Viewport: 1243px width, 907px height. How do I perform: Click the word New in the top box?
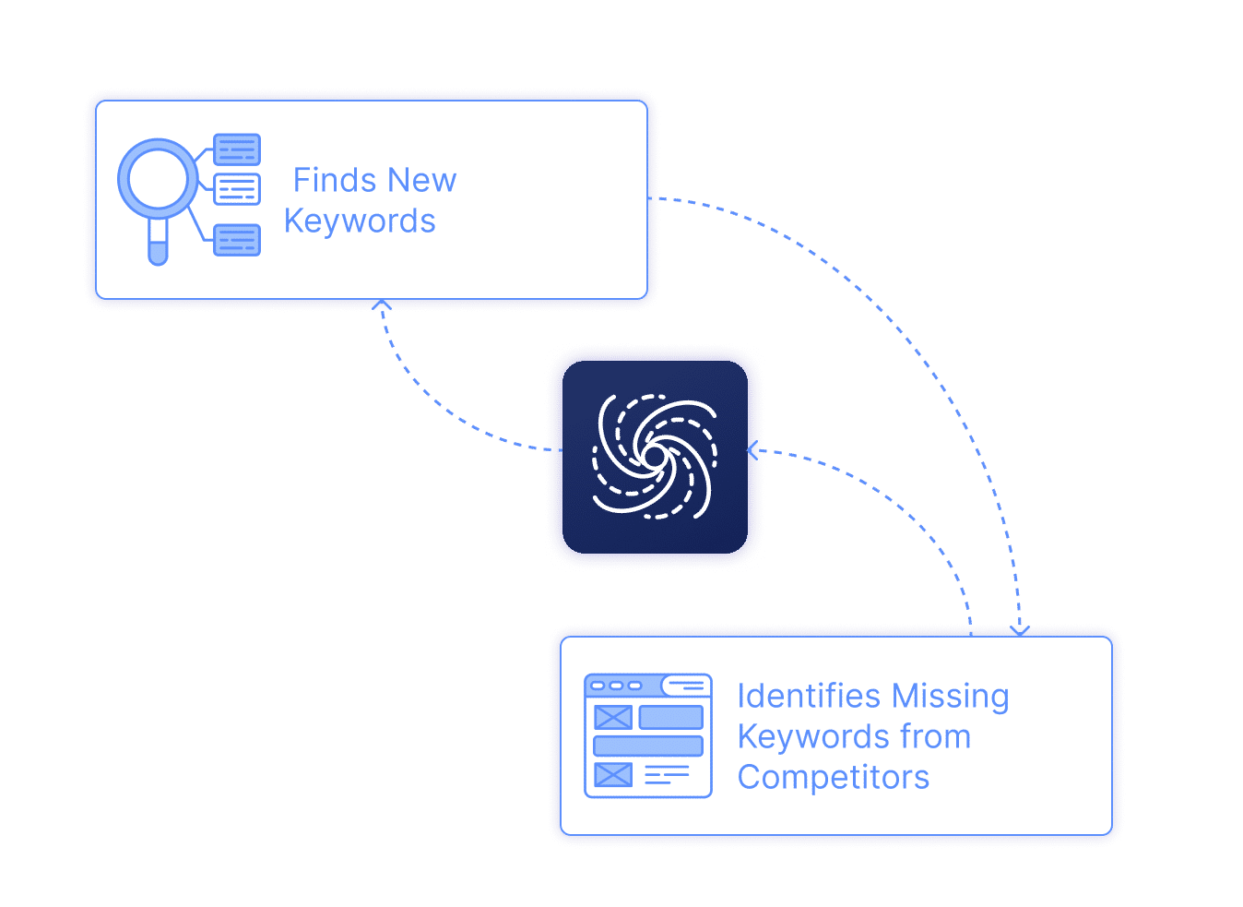pos(421,180)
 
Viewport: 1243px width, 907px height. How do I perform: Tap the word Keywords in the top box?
pos(360,221)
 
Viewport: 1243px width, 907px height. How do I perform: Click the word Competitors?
pos(833,777)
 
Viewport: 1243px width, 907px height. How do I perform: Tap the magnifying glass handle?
pos(158,244)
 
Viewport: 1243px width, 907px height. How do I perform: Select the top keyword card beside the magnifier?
pos(237,149)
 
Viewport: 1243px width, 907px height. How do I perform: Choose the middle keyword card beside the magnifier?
pos(237,189)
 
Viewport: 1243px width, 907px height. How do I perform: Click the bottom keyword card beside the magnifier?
pos(237,240)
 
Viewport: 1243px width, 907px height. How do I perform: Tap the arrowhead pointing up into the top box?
pos(382,304)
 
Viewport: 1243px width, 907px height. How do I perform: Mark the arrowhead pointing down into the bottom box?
pos(1019,631)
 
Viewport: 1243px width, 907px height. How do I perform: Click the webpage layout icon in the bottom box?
pos(648,735)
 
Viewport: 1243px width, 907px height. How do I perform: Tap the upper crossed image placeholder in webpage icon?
pos(613,717)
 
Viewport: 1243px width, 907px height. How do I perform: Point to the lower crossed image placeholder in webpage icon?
pos(613,774)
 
